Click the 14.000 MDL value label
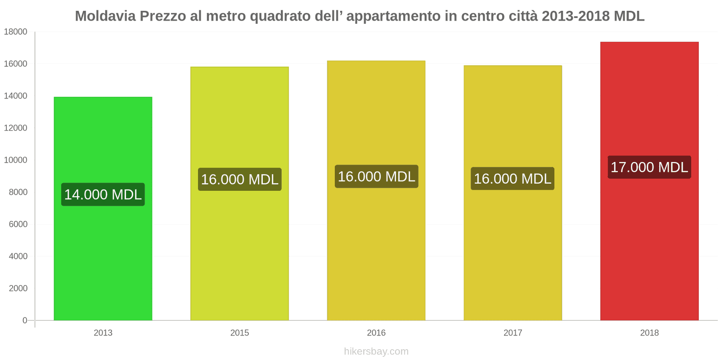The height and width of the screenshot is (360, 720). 103,194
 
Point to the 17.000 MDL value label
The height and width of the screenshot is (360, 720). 649,167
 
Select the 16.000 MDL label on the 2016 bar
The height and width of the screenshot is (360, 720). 376,176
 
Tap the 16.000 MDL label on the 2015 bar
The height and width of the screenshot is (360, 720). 239,179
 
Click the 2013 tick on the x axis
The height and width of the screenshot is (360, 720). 103,333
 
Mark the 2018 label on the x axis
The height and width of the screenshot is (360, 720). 649,333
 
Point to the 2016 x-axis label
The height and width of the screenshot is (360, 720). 376,333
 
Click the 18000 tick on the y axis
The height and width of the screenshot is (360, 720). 16,32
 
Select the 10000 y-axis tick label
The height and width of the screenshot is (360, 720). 16,160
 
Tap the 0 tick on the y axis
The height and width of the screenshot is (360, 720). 25,320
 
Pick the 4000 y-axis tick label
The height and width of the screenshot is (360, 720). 18,256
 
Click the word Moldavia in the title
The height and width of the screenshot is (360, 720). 105,16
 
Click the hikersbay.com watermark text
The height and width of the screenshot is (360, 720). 376,351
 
